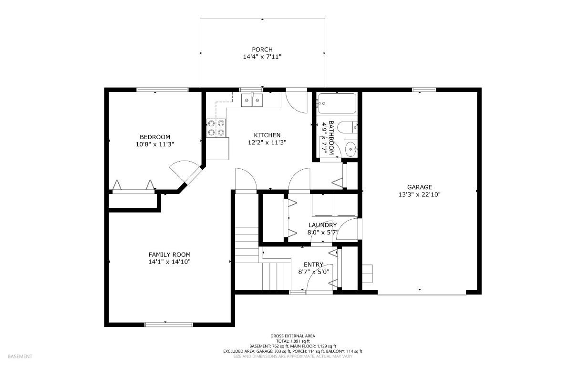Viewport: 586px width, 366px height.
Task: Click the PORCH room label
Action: point(262,50)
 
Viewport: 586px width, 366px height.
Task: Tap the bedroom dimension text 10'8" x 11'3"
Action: point(154,144)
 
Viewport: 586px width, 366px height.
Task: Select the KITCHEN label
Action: point(267,135)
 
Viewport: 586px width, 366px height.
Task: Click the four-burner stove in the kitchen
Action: point(216,128)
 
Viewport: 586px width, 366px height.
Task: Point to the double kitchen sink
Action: point(252,100)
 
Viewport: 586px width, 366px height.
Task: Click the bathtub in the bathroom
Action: point(337,103)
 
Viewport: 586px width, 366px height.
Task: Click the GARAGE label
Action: point(419,187)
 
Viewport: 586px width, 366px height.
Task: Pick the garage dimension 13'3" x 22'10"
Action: point(419,194)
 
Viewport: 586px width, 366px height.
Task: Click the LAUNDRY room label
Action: point(322,225)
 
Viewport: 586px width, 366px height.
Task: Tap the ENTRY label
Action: point(313,264)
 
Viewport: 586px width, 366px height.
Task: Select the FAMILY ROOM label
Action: point(169,254)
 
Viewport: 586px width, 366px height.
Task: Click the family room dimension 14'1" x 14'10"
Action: point(169,262)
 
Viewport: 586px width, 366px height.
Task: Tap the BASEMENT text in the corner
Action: point(20,356)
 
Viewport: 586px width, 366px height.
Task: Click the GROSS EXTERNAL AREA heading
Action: point(293,335)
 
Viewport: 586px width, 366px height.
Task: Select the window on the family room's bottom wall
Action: point(169,325)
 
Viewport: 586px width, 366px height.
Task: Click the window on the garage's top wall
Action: point(424,89)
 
